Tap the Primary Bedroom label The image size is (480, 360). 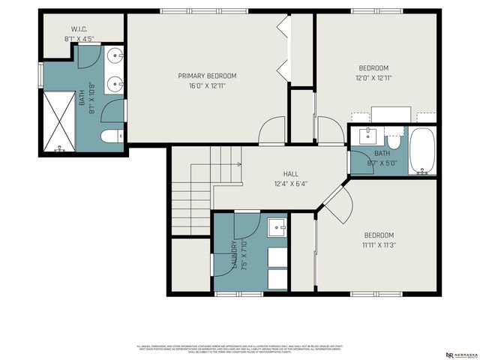coord(207,76)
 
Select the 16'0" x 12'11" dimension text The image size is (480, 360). coord(207,85)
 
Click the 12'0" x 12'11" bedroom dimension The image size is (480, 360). coord(373,77)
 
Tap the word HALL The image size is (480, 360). coord(280,173)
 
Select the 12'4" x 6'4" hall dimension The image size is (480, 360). coord(280,183)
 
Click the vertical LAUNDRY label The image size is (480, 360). coord(234,255)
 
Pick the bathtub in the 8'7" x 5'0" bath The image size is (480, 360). coord(422,151)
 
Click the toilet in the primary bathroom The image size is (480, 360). coord(111,136)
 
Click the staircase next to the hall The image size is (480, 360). coord(191,191)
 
